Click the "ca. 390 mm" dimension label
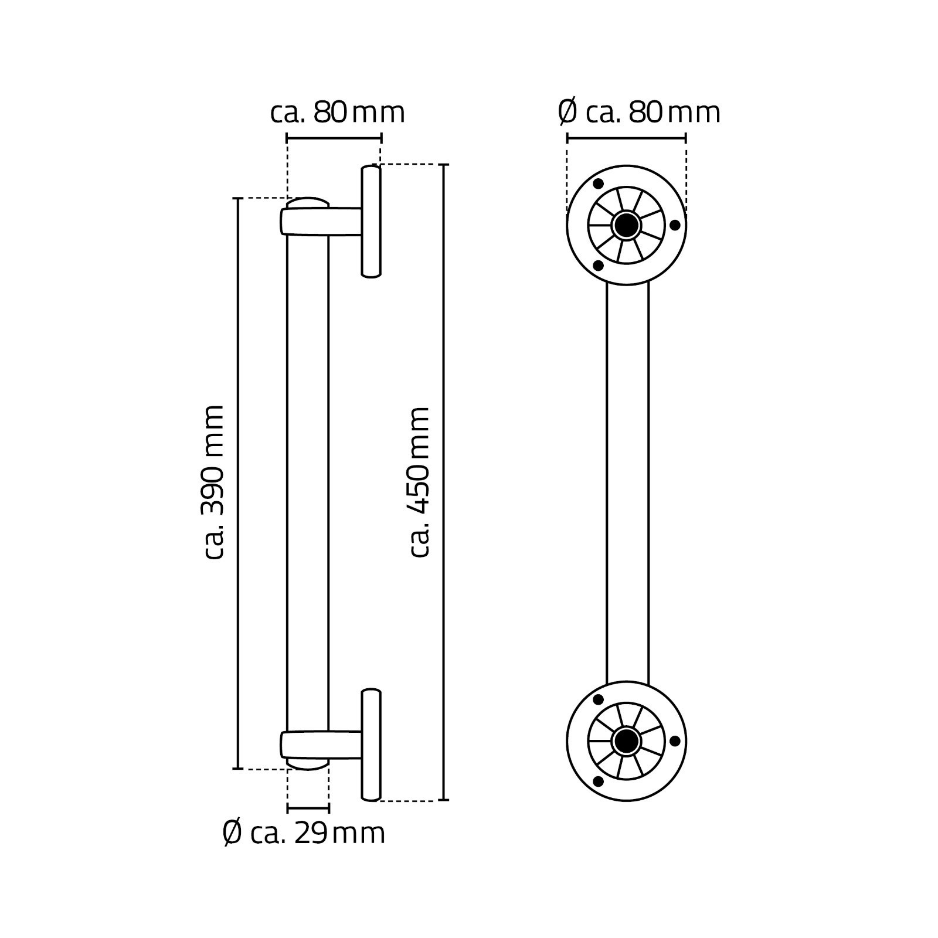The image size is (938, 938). click(x=212, y=482)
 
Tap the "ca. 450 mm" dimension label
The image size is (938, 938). click(x=420, y=482)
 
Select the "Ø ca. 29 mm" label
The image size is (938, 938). click(x=304, y=832)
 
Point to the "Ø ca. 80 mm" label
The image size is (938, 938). click(x=639, y=112)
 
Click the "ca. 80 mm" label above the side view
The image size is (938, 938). click(x=338, y=112)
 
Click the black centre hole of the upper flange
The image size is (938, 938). click(x=626, y=225)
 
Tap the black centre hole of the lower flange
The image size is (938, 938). click(x=626, y=741)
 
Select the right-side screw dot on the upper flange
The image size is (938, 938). click(x=675, y=225)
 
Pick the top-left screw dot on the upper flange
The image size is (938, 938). click(x=598, y=184)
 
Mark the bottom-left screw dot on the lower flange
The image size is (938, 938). click(x=598, y=782)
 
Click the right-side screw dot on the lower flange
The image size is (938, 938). click(x=675, y=741)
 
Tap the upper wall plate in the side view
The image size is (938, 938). click(x=371, y=222)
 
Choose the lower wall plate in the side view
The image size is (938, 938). click(x=371, y=745)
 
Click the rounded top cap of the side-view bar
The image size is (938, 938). click(x=308, y=203)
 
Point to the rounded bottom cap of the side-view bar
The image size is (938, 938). click(x=308, y=763)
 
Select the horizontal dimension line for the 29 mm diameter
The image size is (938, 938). click(x=308, y=809)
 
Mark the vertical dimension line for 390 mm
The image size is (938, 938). click(x=237, y=483)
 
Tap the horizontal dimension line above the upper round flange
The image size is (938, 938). click(x=626, y=138)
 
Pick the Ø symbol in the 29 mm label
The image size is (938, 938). click(x=233, y=832)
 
